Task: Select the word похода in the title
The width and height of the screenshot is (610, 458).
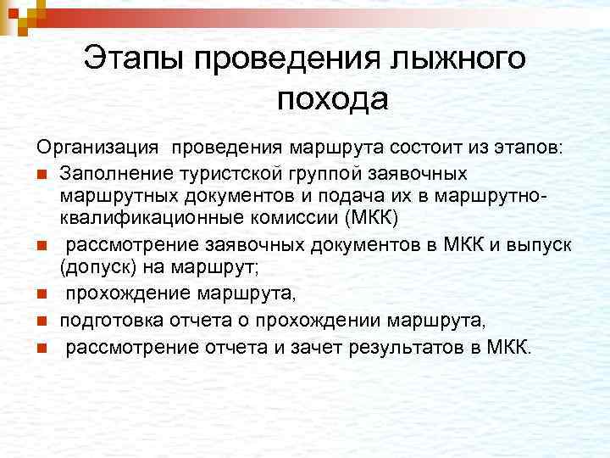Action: [332, 99]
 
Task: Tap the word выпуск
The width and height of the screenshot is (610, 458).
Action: [543, 247]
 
